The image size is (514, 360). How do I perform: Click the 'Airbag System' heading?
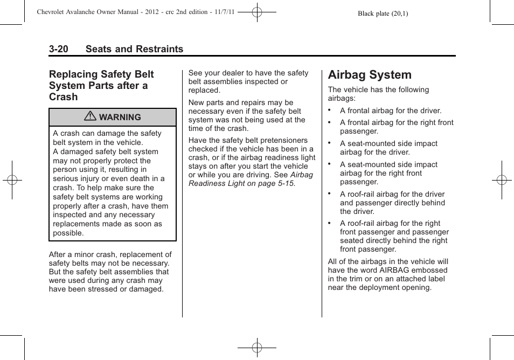point(370,75)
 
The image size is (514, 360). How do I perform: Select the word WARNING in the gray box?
point(120,117)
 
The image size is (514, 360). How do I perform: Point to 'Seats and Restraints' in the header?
point(134,49)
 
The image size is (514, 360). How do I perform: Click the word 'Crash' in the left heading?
point(63,97)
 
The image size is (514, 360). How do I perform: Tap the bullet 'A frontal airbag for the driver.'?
point(390,110)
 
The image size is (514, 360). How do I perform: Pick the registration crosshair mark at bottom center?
point(257,348)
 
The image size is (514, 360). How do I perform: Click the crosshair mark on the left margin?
point(12,180)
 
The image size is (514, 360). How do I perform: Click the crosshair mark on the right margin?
point(502,180)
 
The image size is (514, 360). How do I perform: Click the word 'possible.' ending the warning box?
point(68,233)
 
